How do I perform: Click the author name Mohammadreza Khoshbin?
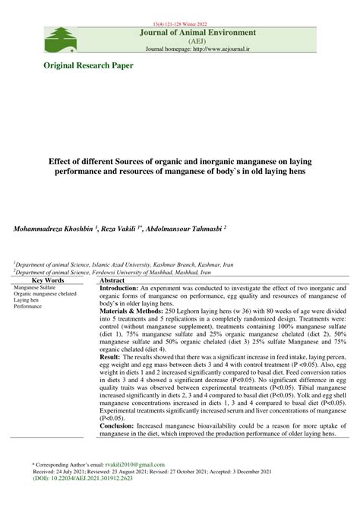51,228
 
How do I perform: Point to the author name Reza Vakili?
127,228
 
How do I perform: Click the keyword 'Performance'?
27,306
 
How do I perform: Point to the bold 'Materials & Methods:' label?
134,311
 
